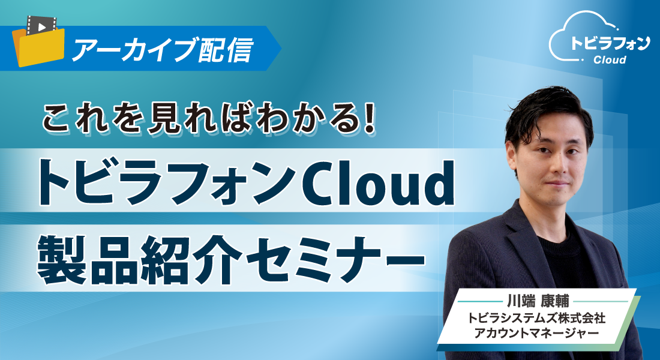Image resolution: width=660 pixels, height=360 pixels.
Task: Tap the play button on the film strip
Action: point(41,27)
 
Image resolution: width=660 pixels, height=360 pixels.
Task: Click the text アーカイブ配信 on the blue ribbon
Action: point(161,50)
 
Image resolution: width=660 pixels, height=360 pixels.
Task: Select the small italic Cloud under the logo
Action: point(609,60)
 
